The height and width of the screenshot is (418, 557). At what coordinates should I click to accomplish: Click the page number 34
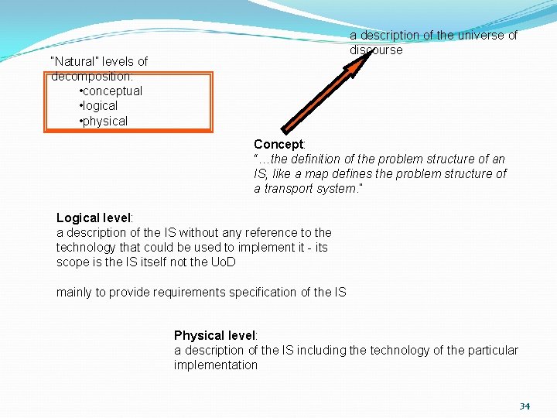[x=525, y=406]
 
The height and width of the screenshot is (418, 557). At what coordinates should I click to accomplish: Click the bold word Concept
[x=278, y=145]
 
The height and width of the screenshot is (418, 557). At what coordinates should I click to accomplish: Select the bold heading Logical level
[x=94, y=218]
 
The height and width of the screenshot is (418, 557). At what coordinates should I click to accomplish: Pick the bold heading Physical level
[x=214, y=335]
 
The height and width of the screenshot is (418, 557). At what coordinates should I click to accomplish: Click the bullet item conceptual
[x=112, y=91]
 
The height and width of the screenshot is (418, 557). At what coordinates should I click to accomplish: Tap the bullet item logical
[x=101, y=106]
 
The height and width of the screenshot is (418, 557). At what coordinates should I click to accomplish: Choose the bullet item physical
[x=105, y=121]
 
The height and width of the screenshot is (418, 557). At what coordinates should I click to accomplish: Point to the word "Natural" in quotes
[x=74, y=61]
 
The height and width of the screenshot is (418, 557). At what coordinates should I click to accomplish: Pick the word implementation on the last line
[x=215, y=365]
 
